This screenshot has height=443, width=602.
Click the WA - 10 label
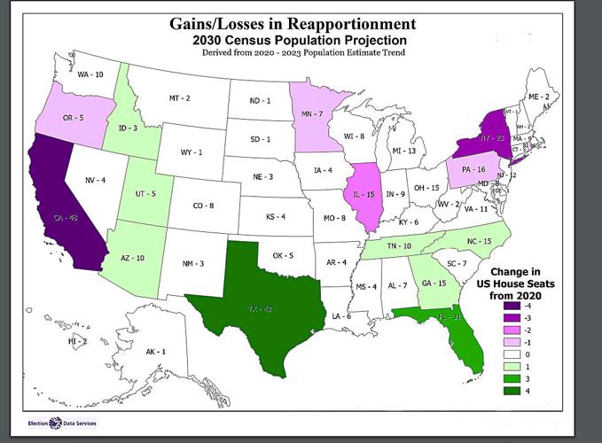click(90, 75)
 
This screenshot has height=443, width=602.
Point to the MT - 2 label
click(180, 97)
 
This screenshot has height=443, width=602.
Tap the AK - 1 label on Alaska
click(156, 352)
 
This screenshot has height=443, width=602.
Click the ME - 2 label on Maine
click(538, 96)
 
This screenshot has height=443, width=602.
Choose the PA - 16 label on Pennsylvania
click(472, 168)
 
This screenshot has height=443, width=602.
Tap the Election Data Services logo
click(62, 423)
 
